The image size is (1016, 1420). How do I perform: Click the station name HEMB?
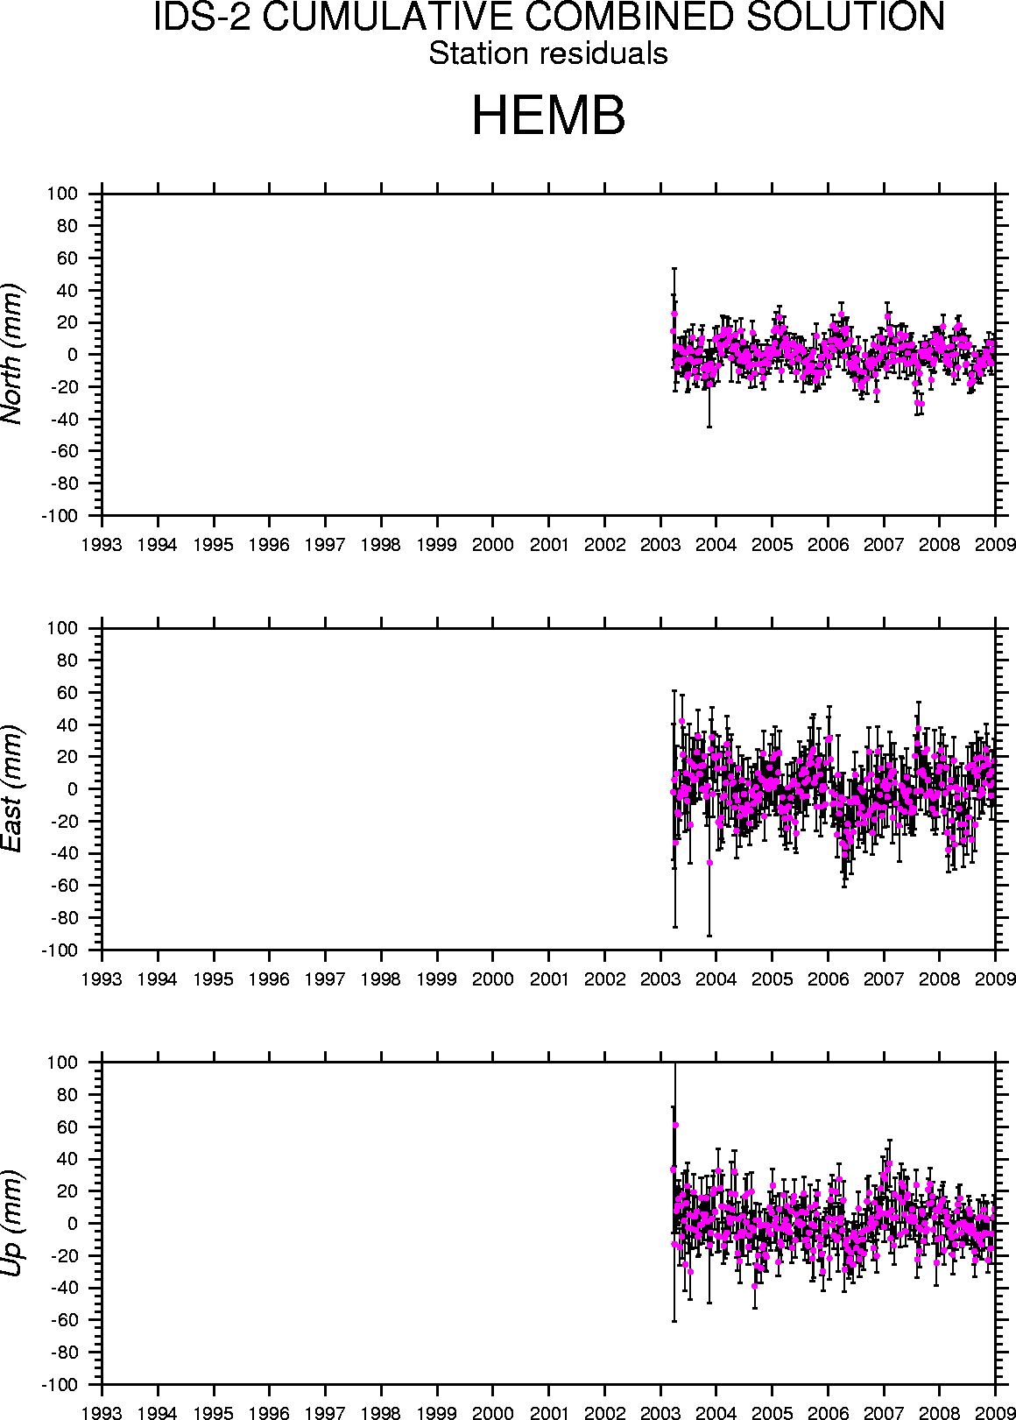coord(548,117)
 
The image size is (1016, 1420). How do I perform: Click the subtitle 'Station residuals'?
coord(548,54)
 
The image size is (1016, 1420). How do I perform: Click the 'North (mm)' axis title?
coord(12,354)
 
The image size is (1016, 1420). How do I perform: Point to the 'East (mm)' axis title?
coord(12,788)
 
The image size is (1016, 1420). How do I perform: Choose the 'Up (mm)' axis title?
coord(12,1223)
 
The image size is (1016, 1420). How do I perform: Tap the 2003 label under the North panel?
coord(660,544)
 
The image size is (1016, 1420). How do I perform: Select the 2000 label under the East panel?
coord(493,978)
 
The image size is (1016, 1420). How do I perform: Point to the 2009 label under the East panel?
coord(995,978)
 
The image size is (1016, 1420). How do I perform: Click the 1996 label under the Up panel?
coord(270,1412)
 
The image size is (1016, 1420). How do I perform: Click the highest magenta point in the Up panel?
coord(675,1125)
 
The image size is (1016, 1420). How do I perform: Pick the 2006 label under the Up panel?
coord(828,1412)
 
